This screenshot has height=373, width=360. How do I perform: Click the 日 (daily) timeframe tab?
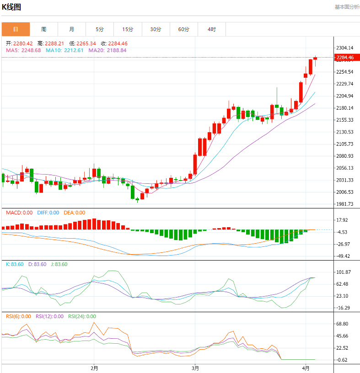coord(16,29)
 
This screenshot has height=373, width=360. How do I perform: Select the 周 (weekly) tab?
coord(43,29)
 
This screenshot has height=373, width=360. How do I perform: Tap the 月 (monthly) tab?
coord(72,29)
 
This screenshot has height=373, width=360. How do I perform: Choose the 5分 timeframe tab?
coord(100,29)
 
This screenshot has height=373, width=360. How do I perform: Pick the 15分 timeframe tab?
coord(128,29)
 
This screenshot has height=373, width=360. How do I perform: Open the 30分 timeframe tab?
coord(156,29)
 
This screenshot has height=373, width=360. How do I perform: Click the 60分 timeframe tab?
coord(183,29)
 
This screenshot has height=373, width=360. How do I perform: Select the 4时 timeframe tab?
coord(211,29)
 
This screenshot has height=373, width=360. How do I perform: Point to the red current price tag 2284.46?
coord(344,58)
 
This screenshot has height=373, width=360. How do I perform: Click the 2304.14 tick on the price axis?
coord(344,48)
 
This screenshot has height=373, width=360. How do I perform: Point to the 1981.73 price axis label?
coord(344,204)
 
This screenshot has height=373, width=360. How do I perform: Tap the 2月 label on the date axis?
coord(94,368)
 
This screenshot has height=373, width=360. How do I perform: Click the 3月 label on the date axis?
coord(195,368)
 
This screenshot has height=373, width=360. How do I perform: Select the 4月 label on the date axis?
coord(306,368)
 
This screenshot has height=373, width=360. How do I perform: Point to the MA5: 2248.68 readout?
coord(23,50)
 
